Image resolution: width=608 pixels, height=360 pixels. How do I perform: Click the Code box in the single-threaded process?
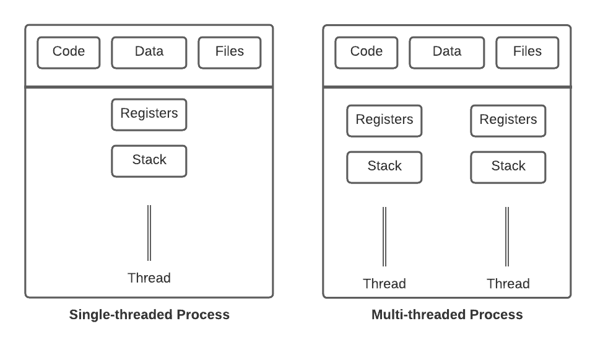[x=69, y=53]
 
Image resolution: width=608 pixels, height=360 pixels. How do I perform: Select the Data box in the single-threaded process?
[x=149, y=53]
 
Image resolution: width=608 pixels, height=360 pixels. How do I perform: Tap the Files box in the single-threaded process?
[x=230, y=53]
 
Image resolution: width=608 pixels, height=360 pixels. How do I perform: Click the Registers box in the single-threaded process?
[x=149, y=115]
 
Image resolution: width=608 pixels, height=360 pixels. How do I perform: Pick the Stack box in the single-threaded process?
[x=149, y=161]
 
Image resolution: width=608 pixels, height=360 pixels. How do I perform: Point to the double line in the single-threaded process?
[x=149, y=233]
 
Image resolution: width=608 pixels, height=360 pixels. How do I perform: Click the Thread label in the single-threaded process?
[x=149, y=278]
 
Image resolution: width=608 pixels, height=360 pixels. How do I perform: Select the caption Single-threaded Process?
[x=149, y=315]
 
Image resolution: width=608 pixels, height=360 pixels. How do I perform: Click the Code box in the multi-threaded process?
[x=367, y=53]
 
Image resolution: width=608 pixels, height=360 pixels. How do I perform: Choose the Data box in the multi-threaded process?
[x=447, y=53]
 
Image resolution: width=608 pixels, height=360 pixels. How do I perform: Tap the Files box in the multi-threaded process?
[x=528, y=53]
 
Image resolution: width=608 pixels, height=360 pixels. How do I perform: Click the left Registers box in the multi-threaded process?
[x=384, y=121]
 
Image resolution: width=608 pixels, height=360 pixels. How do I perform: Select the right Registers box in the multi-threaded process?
[x=508, y=121]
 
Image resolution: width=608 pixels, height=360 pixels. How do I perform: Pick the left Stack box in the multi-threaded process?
[x=384, y=167]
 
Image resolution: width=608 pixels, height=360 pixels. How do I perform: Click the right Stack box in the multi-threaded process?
[x=508, y=167]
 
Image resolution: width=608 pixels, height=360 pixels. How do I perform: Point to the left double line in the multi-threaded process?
[x=384, y=237]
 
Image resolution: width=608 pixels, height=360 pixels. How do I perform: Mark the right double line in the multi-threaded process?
[x=508, y=237]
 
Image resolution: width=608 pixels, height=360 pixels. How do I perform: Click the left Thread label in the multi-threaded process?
[x=384, y=284]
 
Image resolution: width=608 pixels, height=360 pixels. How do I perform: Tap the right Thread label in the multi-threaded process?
[x=508, y=284]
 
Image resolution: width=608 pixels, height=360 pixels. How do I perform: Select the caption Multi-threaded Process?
[x=447, y=315]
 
